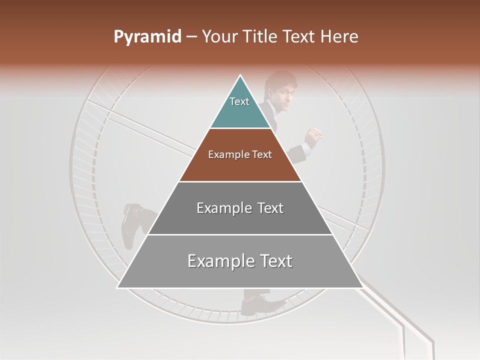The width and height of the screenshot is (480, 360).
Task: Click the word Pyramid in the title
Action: (147, 37)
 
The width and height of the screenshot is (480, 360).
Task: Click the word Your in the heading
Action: (220, 37)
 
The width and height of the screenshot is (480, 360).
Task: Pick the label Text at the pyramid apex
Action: (239, 101)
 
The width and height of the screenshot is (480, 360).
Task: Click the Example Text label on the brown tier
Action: (240, 154)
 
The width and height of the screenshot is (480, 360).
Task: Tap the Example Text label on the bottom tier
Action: (240, 261)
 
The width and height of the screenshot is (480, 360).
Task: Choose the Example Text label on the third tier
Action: (240, 208)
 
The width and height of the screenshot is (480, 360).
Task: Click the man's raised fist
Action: (313, 135)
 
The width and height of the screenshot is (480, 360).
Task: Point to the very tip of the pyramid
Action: (240, 76)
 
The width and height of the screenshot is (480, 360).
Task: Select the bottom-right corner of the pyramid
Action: (362, 287)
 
